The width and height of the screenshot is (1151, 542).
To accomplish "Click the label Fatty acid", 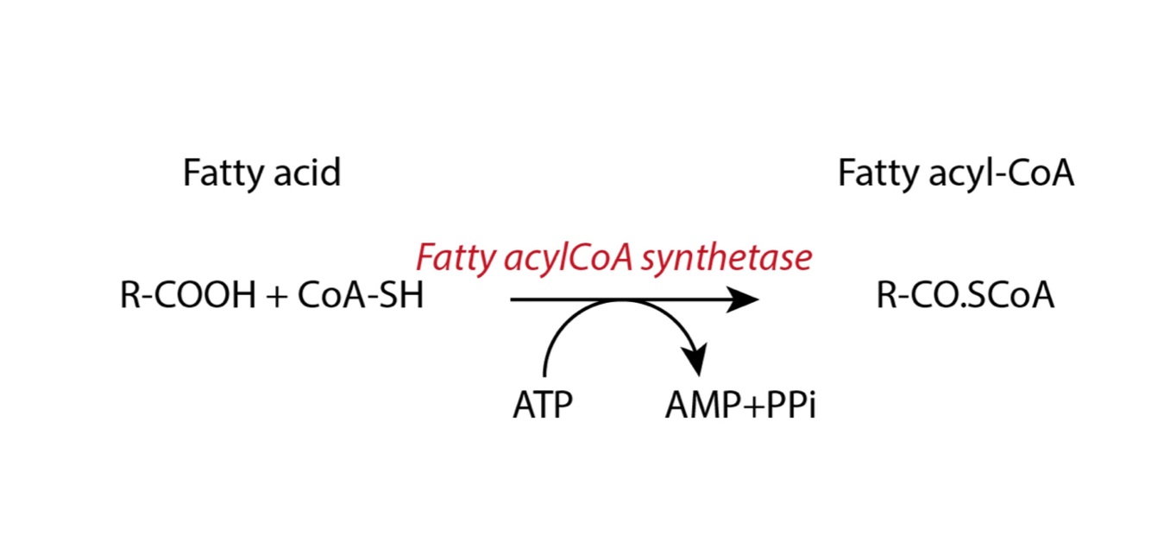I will pos(261,173).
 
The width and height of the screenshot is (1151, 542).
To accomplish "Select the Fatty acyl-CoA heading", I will pos(956,173).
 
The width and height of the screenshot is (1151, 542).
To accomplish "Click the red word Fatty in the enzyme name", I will pos(449,258).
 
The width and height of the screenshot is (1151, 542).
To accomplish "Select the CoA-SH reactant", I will pos(361,297).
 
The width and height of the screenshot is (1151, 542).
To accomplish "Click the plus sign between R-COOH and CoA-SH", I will pos(275,298).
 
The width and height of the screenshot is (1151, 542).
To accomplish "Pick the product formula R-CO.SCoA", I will pos(965,297).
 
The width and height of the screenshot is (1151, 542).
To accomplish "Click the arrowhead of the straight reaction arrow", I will pos(744,299).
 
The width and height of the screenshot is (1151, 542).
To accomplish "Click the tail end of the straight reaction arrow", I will pos(514,299).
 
